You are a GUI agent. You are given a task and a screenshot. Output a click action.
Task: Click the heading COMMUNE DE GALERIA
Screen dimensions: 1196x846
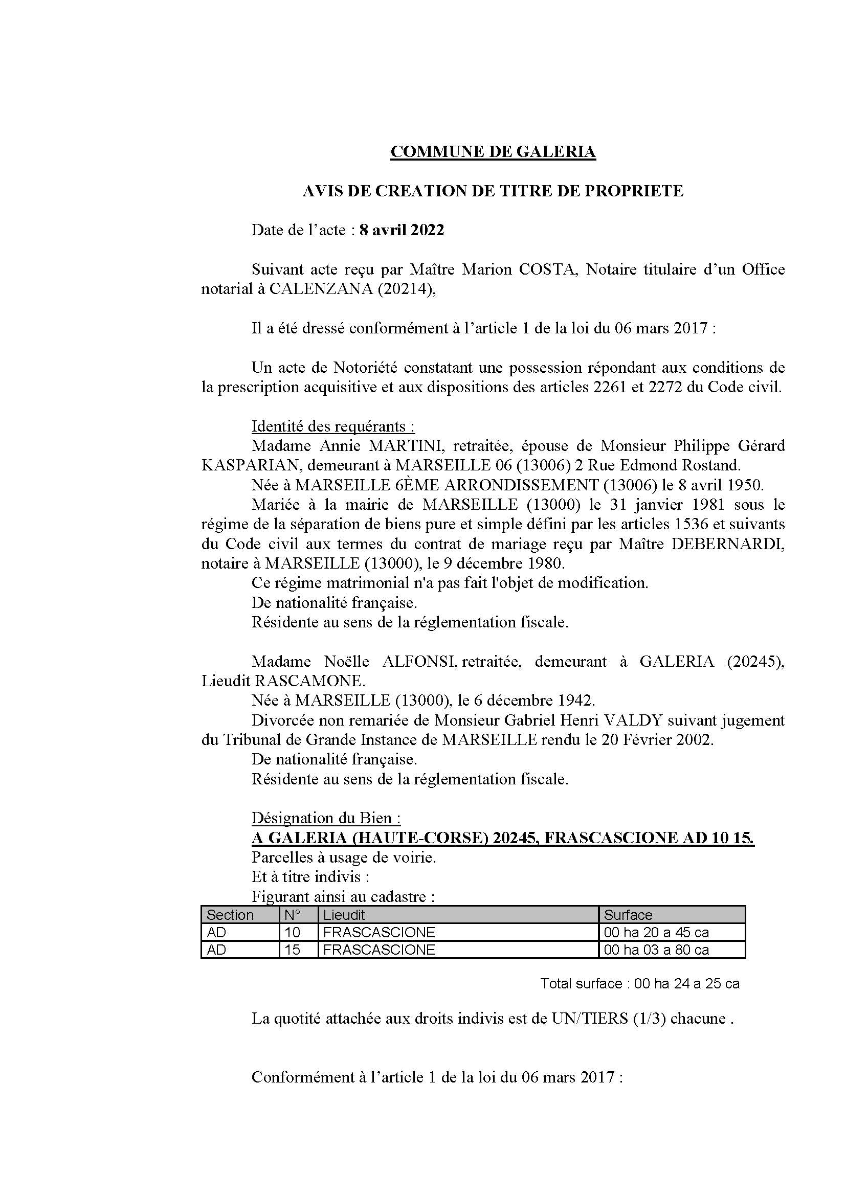[493, 151]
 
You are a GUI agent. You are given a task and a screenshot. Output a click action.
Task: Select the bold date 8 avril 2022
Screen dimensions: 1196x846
[402, 230]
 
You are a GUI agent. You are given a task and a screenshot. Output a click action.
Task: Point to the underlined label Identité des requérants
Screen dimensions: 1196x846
[333, 426]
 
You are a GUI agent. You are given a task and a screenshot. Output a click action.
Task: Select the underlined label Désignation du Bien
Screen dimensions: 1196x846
[326, 818]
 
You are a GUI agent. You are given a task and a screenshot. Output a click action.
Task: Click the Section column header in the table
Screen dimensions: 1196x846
[230, 915]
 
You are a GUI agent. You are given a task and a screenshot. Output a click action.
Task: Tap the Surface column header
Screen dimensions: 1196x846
[628, 915]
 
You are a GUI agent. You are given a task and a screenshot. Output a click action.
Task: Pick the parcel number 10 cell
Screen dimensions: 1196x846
[293, 933]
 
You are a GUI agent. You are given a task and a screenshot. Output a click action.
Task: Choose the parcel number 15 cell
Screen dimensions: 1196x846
[293, 950]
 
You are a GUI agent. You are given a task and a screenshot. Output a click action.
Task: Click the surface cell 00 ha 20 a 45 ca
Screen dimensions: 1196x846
[656, 933]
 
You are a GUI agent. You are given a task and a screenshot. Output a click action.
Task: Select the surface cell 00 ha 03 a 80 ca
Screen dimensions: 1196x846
[656, 950]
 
